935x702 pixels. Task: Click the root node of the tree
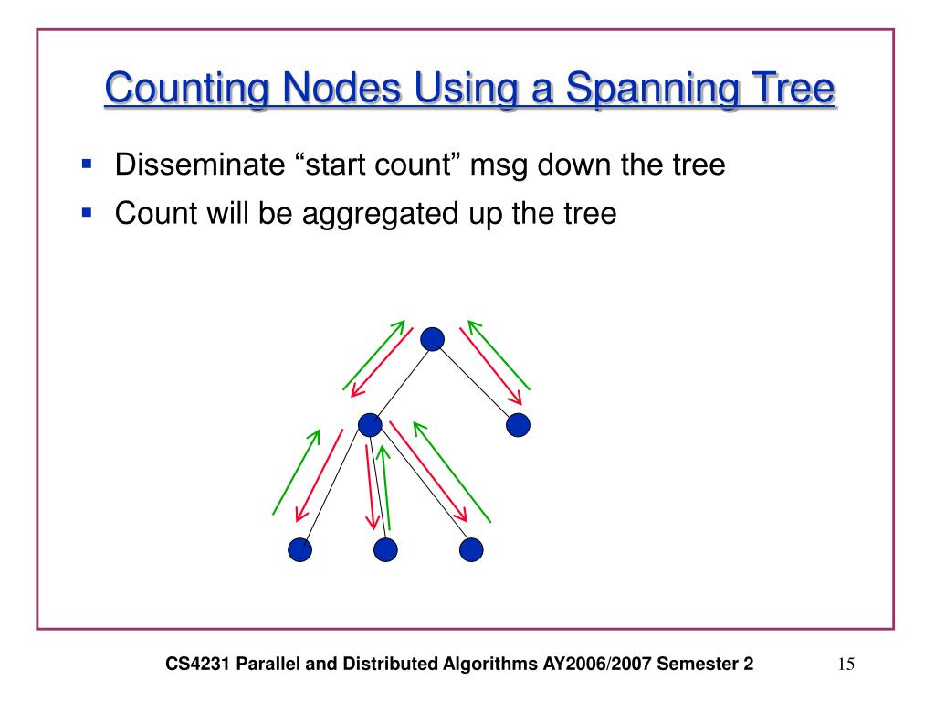pyautogui.click(x=433, y=339)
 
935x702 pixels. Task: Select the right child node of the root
pyautogui.click(x=518, y=424)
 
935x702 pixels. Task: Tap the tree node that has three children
pyautogui.click(x=369, y=424)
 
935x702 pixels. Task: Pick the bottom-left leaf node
pyautogui.click(x=299, y=549)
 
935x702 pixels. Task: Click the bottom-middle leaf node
pyautogui.click(x=385, y=549)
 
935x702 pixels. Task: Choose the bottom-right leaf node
pyautogui.click(x=470, y=549)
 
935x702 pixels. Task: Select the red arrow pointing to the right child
pyautogui.click(x=489, y=366)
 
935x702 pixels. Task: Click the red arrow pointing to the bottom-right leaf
pyautogui.click(x=428, y=470)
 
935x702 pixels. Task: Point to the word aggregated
pyautogui.click(x=365, y=214)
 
